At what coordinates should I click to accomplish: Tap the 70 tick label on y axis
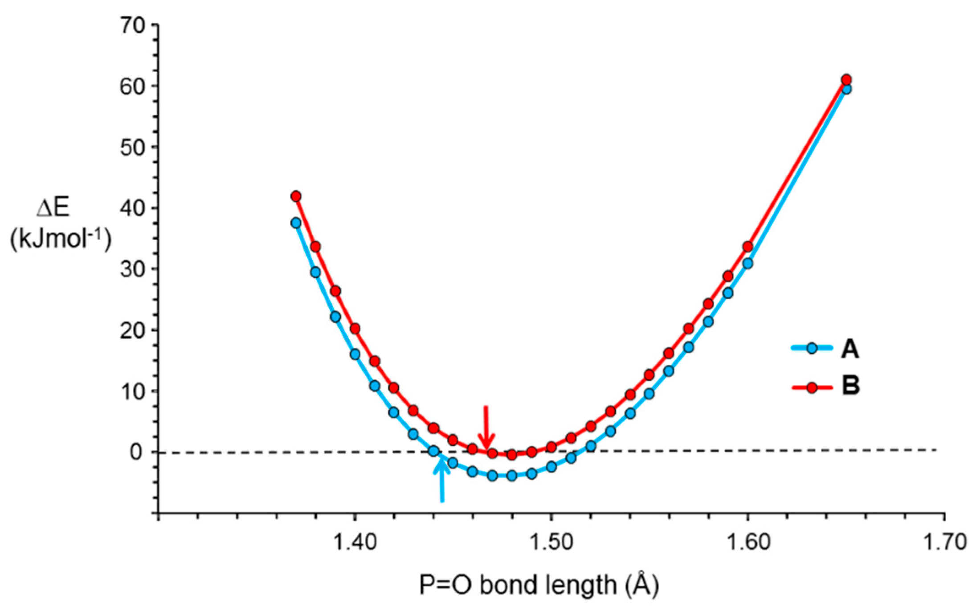(x=133, y=25)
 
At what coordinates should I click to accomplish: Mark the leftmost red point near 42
(x=296, y=196)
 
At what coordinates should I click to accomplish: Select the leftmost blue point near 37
(x=296, y=223)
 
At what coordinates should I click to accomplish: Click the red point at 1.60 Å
(x=748, y=247)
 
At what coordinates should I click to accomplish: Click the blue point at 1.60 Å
(x=748, y=263)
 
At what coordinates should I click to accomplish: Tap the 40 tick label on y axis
(x=133, y=208)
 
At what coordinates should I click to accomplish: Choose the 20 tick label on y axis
(x=133, y=330)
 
